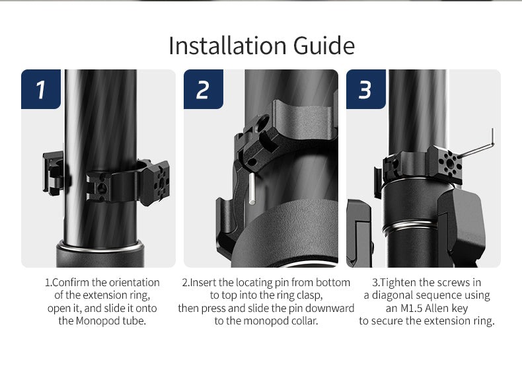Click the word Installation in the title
pos(227,46)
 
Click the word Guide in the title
pos(324,46)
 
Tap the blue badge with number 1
pos(41,89)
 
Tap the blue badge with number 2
pos(204,89)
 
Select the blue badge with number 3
pos(366,89)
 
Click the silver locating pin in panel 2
pos(252,188)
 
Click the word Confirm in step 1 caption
pos(71,282)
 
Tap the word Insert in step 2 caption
pos(203,282)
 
